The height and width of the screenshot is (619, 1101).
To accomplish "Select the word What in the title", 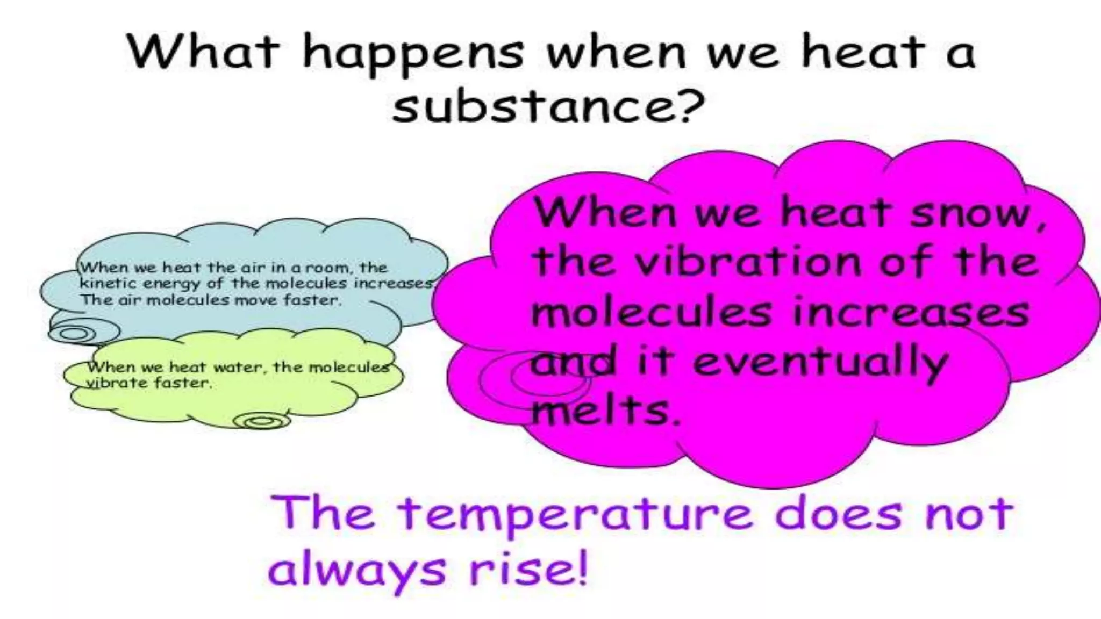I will pos(204,52).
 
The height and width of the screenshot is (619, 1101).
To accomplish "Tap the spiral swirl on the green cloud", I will pos(262,420).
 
